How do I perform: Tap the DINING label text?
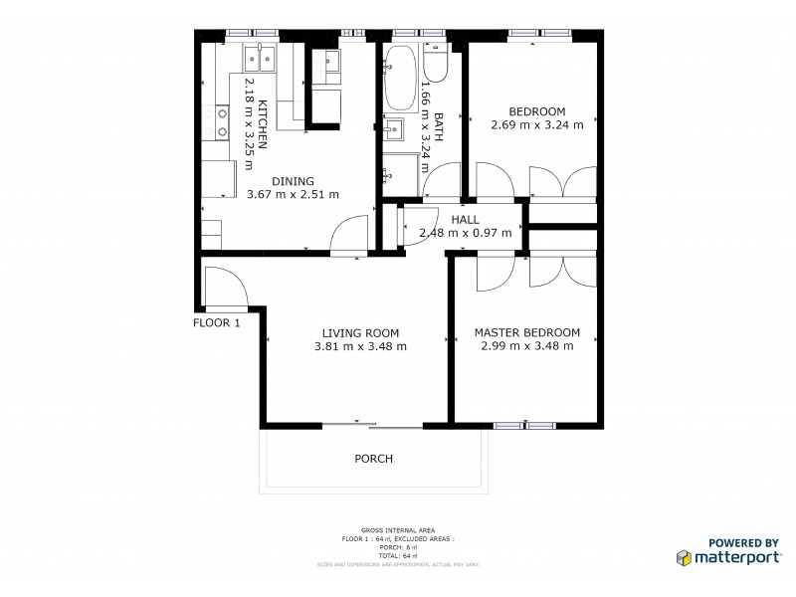click(x=293, y=181)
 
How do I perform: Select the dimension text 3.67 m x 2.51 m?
click(x=293, y=194)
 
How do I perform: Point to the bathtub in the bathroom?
click(x=399, y=79)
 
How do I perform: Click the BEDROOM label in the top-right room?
click(x=536, y=111)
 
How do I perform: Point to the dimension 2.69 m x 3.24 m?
click(x=536, y=125)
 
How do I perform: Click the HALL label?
click(x=465, y=220)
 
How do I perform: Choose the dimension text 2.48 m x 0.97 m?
click(x=465, y=233)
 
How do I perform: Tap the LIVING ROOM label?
click(x=360, y=333)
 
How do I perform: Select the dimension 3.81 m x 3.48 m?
click(x=360, y=346)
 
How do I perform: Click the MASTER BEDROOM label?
click(x=526, y=333)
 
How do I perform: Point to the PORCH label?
click(x=374, y=460)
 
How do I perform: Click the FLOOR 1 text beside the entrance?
click(x=217, y=322)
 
